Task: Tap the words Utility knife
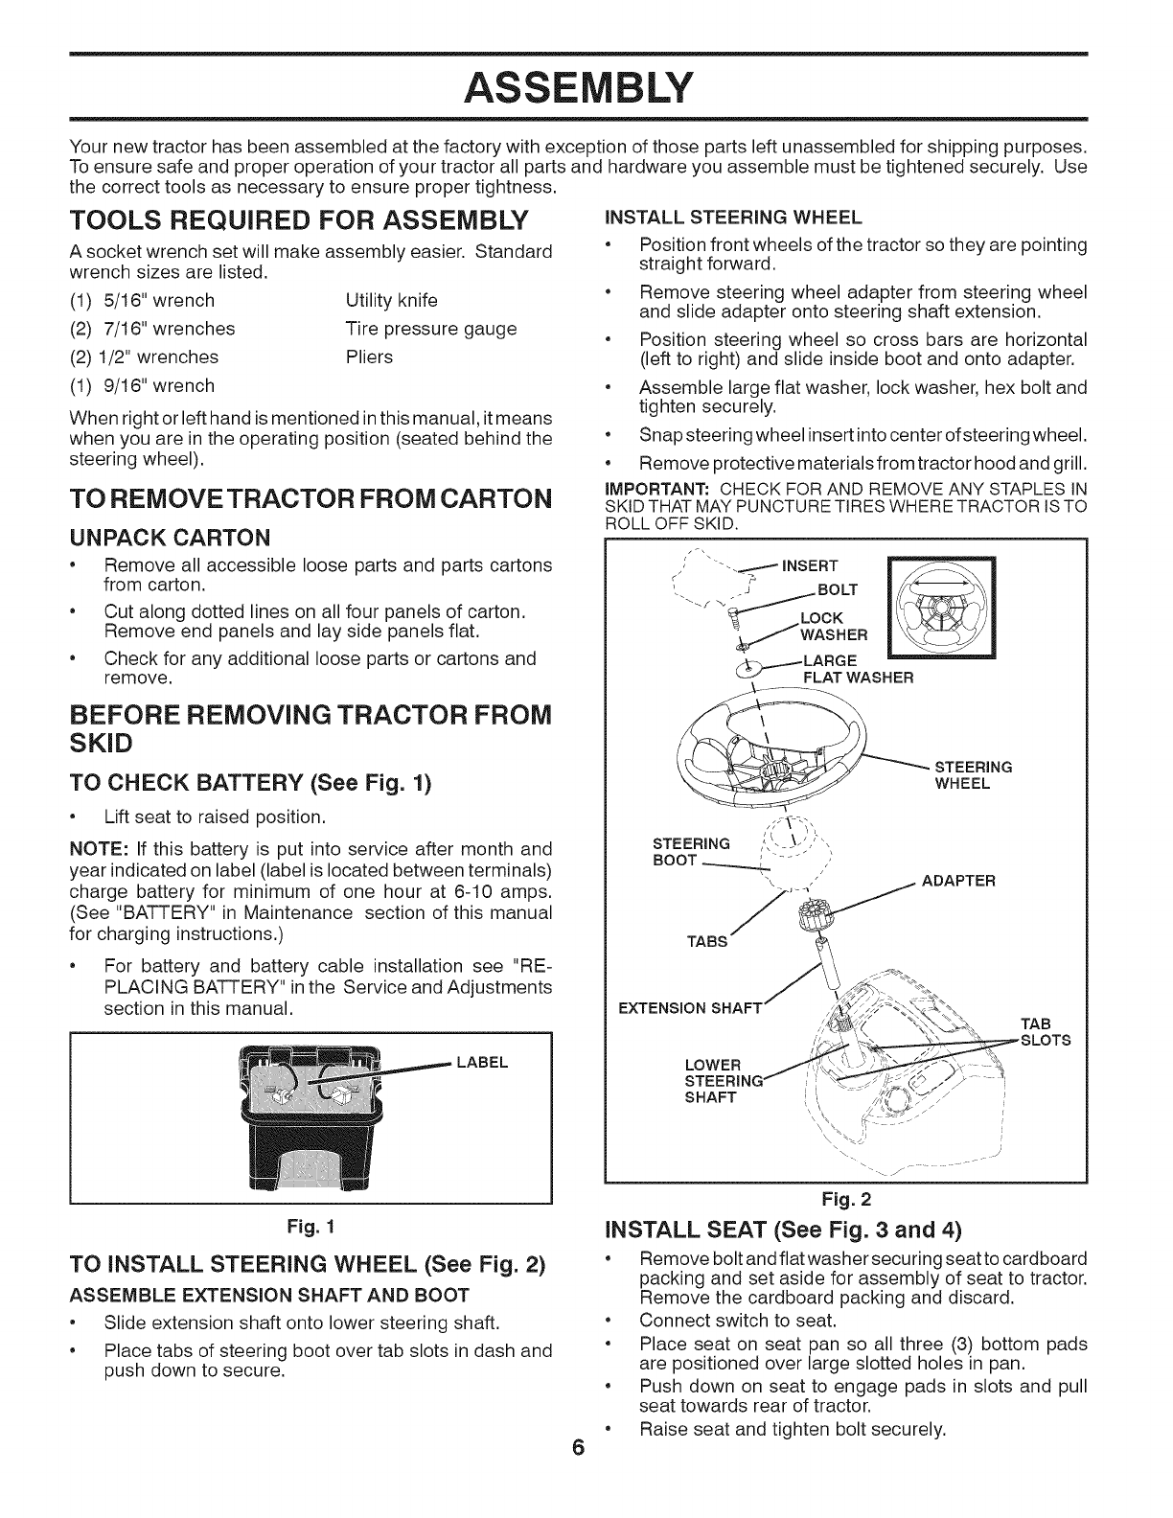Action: (x=391, y=300)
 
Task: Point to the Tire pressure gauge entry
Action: (x=430, y=329)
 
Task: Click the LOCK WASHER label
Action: (x=833, y=625)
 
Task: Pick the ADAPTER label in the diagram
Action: (x=957, y=880)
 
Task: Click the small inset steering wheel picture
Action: (x=943, y=609)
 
